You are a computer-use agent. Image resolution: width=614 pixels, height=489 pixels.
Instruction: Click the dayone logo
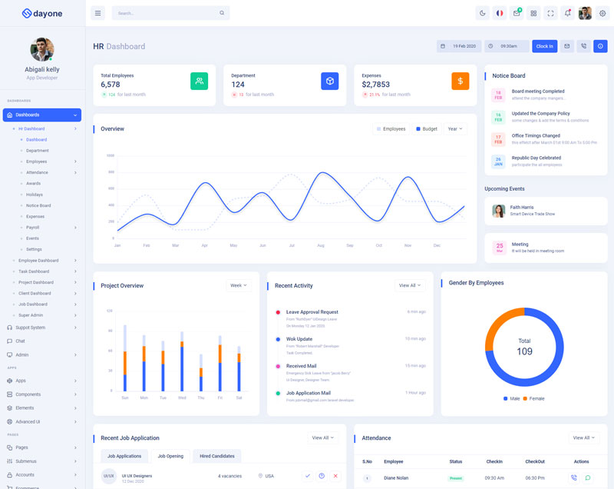[x=41, y=13]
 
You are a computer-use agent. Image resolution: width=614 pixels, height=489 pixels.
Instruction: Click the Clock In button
[x=544, y=46]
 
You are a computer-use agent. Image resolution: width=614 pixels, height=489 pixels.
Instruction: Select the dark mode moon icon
[x=482, y=13]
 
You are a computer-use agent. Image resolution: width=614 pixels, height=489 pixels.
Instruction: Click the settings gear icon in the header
[x=602, y=13]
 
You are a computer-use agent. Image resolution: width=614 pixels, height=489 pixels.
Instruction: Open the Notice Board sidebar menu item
[x=38, y=205]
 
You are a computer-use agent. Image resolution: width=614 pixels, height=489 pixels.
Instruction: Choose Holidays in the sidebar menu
[x=35, y=195]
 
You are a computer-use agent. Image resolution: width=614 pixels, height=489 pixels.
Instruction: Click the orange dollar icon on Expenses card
[x=460, y=81]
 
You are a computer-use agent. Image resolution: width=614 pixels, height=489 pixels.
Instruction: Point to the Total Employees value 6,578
[x=111, y=85]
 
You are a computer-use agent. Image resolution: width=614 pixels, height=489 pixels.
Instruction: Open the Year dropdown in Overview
[x=454, y=129]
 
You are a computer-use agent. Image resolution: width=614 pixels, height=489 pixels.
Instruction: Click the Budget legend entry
[x=427, y=129]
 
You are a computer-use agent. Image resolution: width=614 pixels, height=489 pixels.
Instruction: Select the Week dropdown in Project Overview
[x=239, y=286]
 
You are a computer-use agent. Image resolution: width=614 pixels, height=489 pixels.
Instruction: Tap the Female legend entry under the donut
[x=534, y=398]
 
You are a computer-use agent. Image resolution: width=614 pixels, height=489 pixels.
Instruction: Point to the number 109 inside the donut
[x=524, y=351]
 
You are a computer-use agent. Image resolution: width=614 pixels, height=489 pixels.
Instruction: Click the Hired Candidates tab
[x=216, y=456]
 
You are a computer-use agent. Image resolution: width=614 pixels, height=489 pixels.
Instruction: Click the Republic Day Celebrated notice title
[x=537, y=158]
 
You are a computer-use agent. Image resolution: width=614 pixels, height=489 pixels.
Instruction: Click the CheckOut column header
[x=535, y=461]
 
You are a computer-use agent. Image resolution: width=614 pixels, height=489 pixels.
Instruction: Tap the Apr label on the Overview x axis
[x=204, y=245]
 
